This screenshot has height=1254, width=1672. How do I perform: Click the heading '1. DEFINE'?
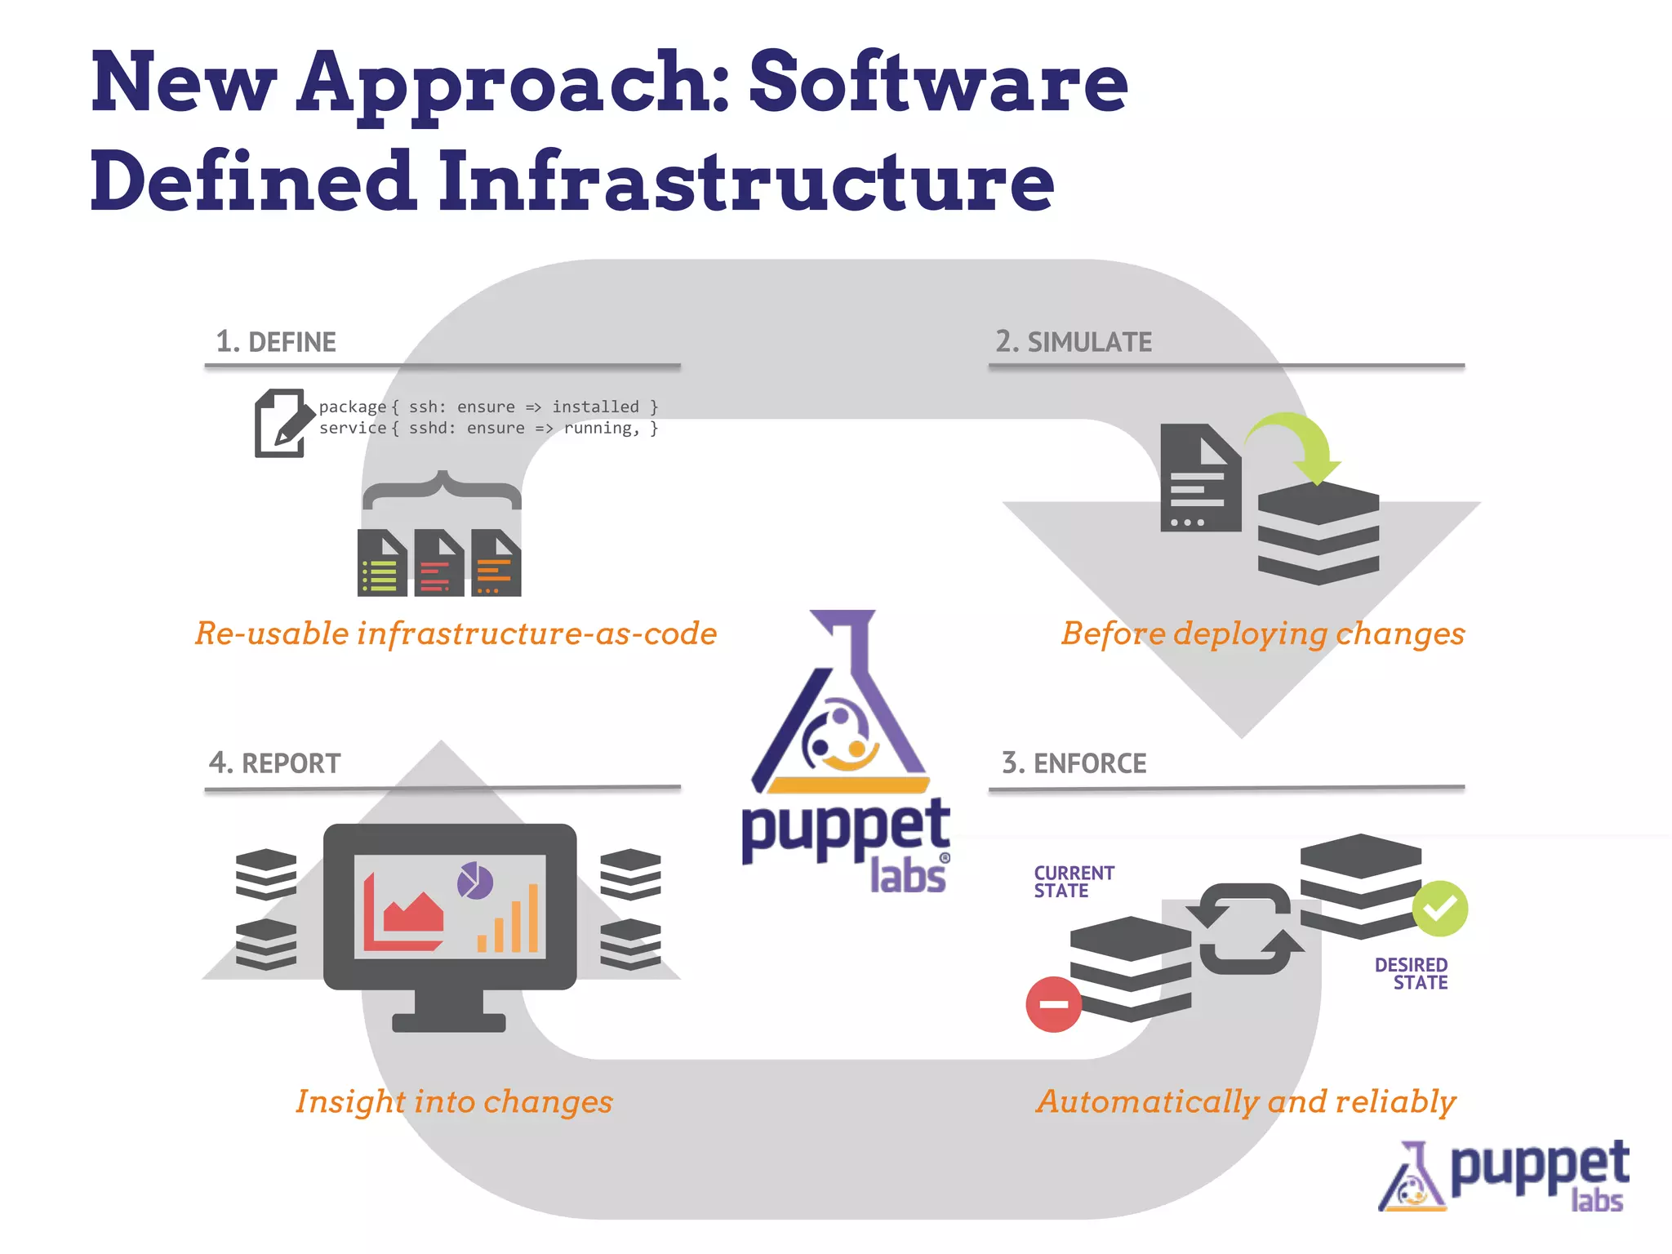coord(276,342)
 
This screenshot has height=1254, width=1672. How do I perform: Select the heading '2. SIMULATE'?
coord(1073,342)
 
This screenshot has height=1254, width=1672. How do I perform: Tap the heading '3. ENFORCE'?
coord(1074,763)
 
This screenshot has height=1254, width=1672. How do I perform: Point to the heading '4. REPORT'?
coord(274,763)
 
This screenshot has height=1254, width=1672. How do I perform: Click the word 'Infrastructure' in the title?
coord(746,181)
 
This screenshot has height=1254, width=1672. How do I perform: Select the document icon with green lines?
coord(382,563)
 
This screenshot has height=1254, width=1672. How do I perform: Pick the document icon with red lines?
coord(438,563)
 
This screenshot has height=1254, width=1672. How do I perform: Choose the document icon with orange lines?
coord(496,563)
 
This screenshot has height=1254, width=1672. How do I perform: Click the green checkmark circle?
coord(1440,909)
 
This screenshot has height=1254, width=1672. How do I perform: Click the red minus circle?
coord(1053,1004)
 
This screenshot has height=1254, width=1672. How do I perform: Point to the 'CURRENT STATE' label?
coord(1073,882)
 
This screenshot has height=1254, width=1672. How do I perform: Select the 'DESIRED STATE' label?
coord(1411,974)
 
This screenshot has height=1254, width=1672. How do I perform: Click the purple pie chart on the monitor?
coord(474,881)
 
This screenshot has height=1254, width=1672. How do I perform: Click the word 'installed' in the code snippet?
coord(595,407)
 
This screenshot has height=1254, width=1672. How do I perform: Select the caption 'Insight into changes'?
coord(454,1101)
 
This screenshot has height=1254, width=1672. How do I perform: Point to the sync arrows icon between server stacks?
coord(1244,928)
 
